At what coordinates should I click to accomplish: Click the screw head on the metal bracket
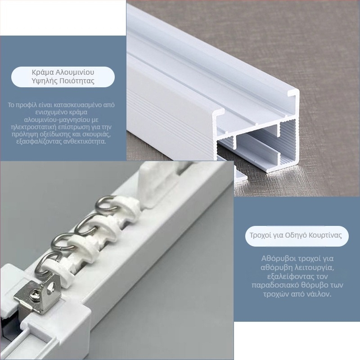(x=34, y=294)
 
